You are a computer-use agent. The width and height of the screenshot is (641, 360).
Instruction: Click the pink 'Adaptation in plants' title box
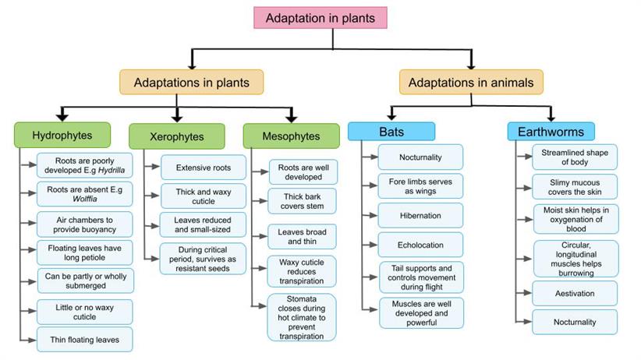click(320, 17)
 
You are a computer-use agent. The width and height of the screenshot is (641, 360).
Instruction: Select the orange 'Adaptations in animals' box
click(471, 82)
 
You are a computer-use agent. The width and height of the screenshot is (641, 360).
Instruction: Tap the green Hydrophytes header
click(62, 136)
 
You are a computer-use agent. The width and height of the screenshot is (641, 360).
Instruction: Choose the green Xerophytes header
click(176, 137)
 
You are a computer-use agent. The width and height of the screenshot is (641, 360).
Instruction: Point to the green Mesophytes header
click(291, 136)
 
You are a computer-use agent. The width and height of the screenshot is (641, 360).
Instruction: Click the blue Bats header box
click(391, 131)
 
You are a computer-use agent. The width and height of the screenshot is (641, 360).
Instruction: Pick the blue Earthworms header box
click(551, 131)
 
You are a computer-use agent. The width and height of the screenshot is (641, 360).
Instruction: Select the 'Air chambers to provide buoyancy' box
click(84, 224)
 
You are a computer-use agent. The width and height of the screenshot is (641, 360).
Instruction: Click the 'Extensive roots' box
click(204, 168)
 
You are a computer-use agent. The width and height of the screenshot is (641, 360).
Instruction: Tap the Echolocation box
click(420, 244)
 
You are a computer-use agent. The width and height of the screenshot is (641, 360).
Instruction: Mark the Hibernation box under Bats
click(420, 215)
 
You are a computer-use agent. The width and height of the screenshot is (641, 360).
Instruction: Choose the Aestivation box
click(575, 294)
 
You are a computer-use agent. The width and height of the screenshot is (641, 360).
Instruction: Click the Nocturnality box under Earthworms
click(575, 322)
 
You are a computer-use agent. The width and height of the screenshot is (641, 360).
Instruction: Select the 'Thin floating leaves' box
click(84, 339)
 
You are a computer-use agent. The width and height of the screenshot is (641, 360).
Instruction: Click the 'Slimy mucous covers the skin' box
click(575, 186)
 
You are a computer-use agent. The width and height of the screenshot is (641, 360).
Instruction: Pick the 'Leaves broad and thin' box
click(303, 237)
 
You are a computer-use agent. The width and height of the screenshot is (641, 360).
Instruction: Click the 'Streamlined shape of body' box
click(575, 157)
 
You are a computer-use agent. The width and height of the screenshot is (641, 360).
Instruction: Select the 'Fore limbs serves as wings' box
click(420, 186)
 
